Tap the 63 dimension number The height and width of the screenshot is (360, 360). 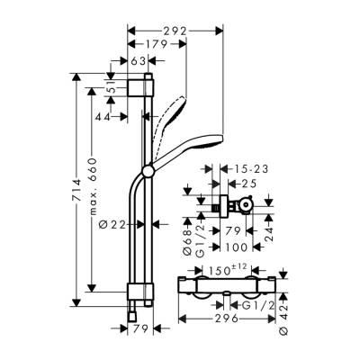[x=138, y=61]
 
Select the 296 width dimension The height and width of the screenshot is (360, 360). [x=231, y=318]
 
